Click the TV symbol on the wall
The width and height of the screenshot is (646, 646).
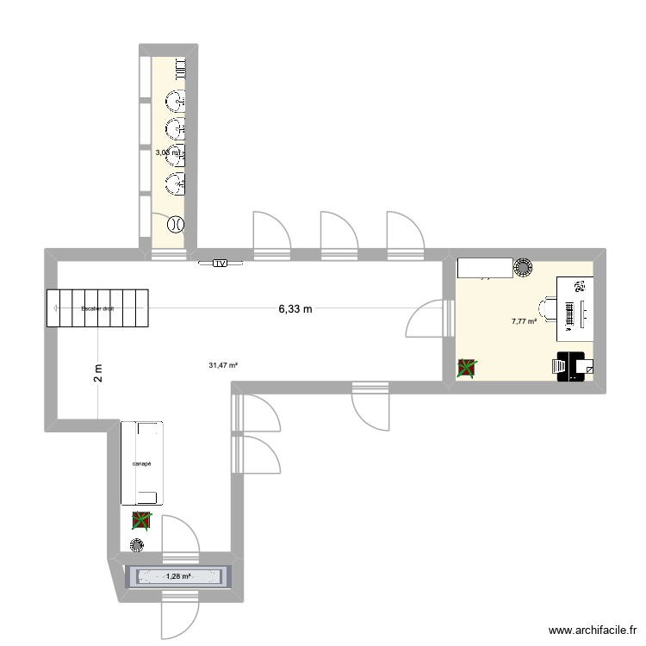[220, 263]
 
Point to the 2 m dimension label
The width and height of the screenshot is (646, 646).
[98, 372]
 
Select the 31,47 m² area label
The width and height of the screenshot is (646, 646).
[223, 364]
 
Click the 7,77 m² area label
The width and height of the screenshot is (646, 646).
[524, 321]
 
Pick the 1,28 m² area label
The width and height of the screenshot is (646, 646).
[178, 576]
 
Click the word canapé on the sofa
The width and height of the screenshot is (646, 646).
[142, 463]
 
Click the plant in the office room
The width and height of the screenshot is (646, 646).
[466, 368]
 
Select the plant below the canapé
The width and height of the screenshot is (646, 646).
[140, 520]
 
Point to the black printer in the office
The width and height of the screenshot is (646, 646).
[569, 366]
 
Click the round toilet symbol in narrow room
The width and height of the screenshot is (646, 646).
[175, 224]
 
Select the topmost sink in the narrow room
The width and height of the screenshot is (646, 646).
[177, 102]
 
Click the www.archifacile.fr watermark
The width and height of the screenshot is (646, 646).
[590, 630]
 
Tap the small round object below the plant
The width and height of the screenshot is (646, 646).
[136, 544]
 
